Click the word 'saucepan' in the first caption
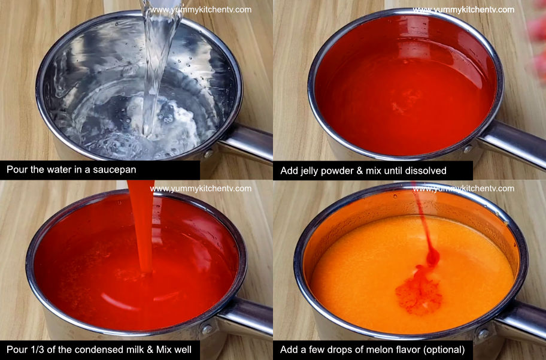pyautogui.click(x=115, y=170)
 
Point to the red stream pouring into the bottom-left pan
pyautogui.click(x=142, y=228)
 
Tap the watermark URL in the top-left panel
pyautogui.click(x=201, y=10)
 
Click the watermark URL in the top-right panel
pyautogui.click(x=463, y=10)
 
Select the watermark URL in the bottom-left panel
pyautogui.click(x=201, y=188)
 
